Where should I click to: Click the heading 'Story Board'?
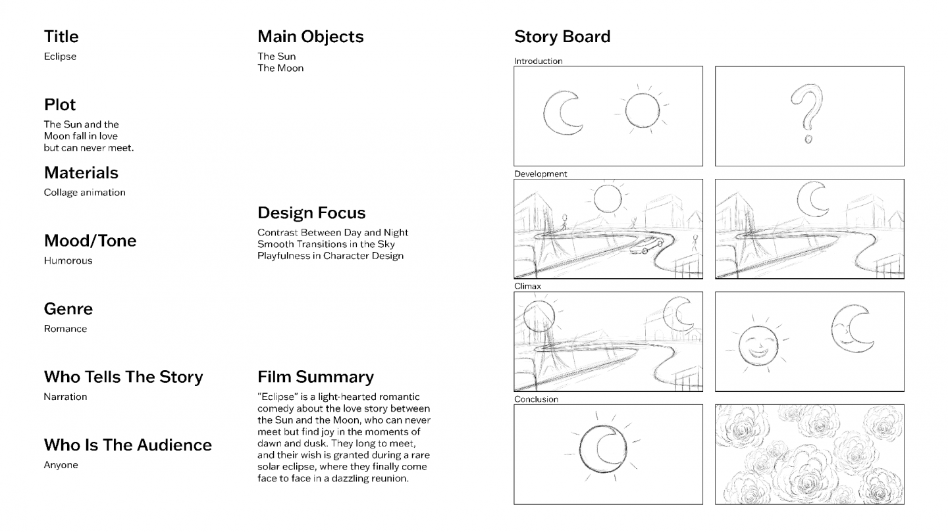point(562,37)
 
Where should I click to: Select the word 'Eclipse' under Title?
point(60,57)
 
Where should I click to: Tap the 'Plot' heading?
point(60,105)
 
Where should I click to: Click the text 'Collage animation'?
point(85,193)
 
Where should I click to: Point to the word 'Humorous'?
point(68,260)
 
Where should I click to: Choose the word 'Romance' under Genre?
point(65,329)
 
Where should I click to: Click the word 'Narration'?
point(65,397)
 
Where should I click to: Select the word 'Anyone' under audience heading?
point(61,465)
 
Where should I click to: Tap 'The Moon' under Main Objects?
point(280,68)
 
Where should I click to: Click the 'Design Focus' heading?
point(311,212)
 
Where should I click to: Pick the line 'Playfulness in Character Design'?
point(330,256)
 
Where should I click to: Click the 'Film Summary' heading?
point(315,377)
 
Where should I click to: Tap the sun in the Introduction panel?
point(643,110)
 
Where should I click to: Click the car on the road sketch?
point(646,245)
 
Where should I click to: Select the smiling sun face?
point(758,345)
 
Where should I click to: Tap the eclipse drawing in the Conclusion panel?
point(603,449)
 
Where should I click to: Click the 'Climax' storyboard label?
point(527,286)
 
